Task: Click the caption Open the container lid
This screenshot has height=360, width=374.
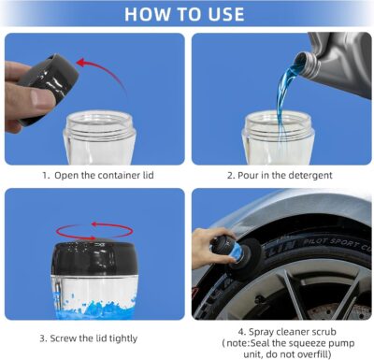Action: point(96,175)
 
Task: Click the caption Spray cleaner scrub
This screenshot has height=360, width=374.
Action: point(282,330)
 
